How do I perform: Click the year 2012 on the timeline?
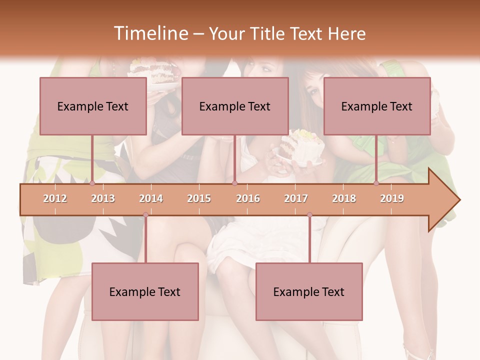[x=55, y=198]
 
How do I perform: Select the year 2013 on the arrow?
[x=103, y=198]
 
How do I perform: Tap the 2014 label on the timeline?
[x=151, y=198]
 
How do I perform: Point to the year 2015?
[x=199, y=198]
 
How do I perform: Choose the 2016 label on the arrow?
[x=248, y=198]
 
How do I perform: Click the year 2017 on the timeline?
[x=296, y=198]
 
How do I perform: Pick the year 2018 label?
[x=344, y=198]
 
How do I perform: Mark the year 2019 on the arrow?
[x=392, y=198]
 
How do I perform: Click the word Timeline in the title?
[x=150, y=33]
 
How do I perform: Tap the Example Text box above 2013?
[x=93, y=106]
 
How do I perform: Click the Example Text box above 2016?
[x=235, y=106]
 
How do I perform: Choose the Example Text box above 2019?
[x=377, y=106]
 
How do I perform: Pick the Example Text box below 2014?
[x=145, y=291]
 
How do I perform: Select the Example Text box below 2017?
[x=309, y=291]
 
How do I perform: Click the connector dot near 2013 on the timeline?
[x=92, y=183]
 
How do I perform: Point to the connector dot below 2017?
[x=309, y=215]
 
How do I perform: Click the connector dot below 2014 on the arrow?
[x=145, y=215]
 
